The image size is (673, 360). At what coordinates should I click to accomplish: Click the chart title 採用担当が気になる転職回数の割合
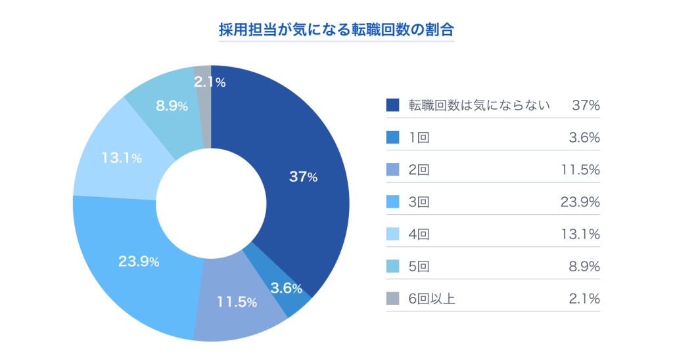pos(336,30)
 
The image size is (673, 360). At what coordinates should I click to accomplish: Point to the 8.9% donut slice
pos(164,108)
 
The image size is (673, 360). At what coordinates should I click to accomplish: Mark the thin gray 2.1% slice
pos(204,99)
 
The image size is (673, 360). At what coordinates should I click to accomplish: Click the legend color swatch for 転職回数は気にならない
pos(393,105)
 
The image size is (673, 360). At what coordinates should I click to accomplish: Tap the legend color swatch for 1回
pos(393,137)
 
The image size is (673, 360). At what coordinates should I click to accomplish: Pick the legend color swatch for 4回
pos(393,234)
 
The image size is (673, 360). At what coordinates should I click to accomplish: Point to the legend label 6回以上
pos(432,299)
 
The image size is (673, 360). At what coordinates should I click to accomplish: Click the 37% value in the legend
pos(586,105)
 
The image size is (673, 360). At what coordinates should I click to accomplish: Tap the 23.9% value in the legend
pos(580,202)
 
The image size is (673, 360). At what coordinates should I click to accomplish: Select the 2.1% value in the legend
pos(584,299)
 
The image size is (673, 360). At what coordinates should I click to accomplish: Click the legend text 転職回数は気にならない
pos(479,105)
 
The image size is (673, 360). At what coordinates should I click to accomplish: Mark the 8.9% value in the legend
pos(584,266)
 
